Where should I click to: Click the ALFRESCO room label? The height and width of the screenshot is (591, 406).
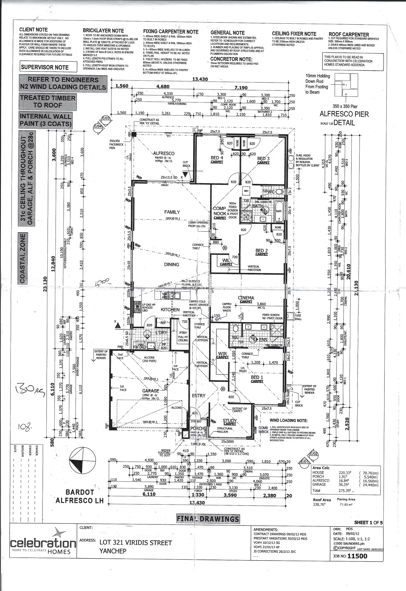[x=164, y=154]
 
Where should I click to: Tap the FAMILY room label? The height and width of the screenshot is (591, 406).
[x=172, y=212]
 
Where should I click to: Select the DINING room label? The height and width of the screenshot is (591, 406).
[x=172, y=264]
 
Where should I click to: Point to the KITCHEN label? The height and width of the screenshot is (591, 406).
[x=170, y=310]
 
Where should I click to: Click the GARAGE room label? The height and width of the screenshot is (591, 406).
[x=151, y=391]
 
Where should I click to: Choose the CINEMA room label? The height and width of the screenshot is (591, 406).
[x=246, y=298]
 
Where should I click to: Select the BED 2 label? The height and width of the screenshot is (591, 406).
[x=261, y=251]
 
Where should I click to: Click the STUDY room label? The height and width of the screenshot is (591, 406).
[x=230, y=421]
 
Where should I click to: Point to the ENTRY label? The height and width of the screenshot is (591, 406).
[x=199, y=396]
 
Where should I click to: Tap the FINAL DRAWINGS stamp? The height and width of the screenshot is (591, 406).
[x=208, y=519]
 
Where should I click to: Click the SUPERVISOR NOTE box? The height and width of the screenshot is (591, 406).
[x=45, y=67]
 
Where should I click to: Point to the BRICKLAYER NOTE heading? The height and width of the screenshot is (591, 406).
[x=103, y=31]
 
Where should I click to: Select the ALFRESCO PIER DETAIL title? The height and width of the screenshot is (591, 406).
[x=344, y=118]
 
